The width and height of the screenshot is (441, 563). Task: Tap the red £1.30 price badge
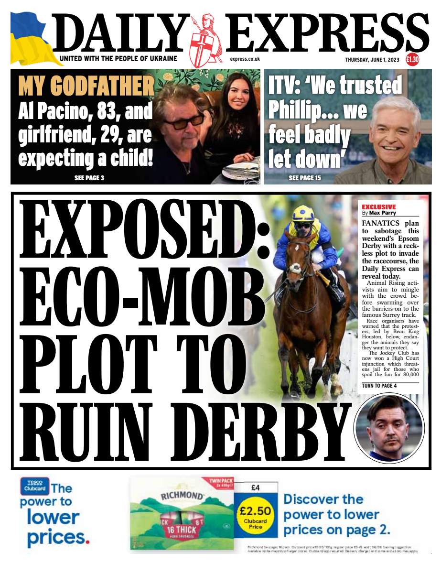click(412, 59)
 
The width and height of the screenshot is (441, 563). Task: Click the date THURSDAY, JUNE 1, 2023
click(374, 59)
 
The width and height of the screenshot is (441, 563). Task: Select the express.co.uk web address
click(245, 59)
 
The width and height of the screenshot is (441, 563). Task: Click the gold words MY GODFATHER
click(86, 87)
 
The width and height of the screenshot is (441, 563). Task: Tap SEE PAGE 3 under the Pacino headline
click(89, 178)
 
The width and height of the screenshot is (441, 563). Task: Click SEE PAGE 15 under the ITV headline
click(305, 178)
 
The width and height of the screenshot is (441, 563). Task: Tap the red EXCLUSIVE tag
click(379, 207)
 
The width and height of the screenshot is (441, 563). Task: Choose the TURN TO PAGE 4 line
click(379, 385)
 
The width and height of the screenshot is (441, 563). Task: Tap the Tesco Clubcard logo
click(34, 486)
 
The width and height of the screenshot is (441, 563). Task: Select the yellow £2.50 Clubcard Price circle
click(256, 516)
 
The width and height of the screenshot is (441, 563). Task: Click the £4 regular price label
click(256, 488)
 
